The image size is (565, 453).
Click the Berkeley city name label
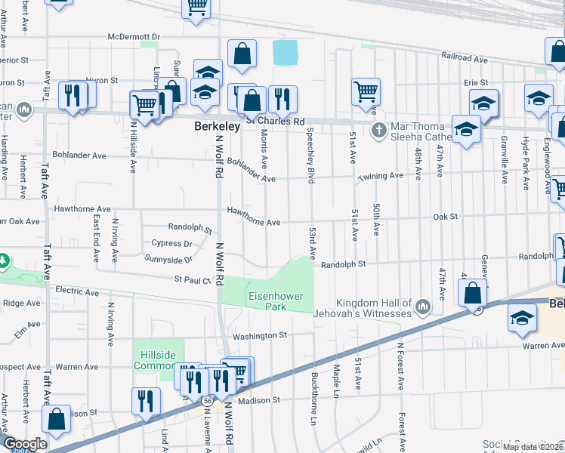coord(217,127)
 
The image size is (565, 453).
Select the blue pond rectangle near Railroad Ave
coord(285,52)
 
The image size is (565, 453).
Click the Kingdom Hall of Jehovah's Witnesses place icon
coord(421,307)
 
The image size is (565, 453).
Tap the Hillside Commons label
coord(154,360)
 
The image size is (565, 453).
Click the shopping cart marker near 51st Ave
coord(366,91)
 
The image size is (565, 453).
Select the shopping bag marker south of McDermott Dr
coord(241,54)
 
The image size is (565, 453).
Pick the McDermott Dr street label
coord(134,36)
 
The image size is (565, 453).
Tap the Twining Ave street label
coord(381,175)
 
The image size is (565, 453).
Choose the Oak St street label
coord(446,217)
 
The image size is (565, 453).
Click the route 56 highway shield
coord(206,400)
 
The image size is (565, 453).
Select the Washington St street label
coord(260,335)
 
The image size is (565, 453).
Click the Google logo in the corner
coord(25,444)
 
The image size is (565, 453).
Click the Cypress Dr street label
coord(171,244)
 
